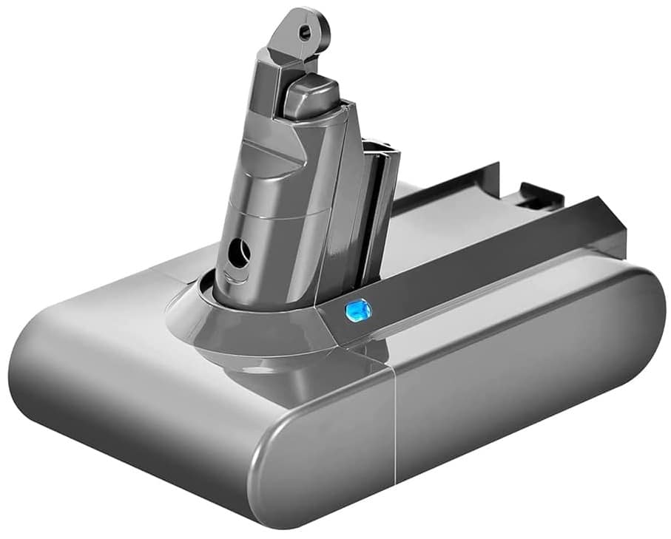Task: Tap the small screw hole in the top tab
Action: (303, 30)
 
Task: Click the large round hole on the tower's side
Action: (238, 254)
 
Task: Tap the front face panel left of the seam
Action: (318, 458)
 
